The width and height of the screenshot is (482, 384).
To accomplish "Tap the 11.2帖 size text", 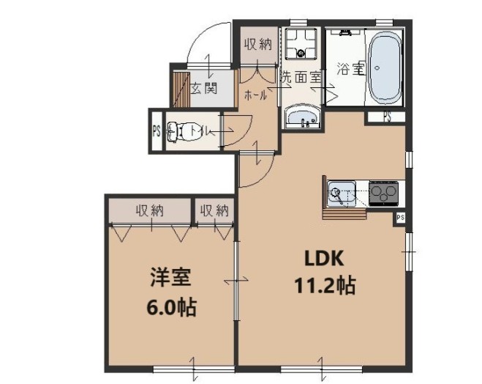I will [x=325, y=285].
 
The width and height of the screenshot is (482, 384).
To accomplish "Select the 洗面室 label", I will [x=301, y=75].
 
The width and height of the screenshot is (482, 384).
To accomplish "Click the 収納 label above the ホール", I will [x=258, y=44].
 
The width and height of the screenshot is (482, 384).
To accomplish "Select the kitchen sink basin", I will [x=340, y=193].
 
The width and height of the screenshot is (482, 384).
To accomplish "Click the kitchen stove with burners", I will [x=384, y=193].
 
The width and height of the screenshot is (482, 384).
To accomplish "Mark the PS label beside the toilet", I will [x=156, y=132].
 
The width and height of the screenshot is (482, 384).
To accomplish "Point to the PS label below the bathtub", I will [x=386, y=117].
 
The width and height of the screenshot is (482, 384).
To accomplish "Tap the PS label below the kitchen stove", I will [x=400, y=218].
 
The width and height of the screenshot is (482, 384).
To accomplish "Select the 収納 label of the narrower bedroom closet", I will [x=214, y=211].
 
